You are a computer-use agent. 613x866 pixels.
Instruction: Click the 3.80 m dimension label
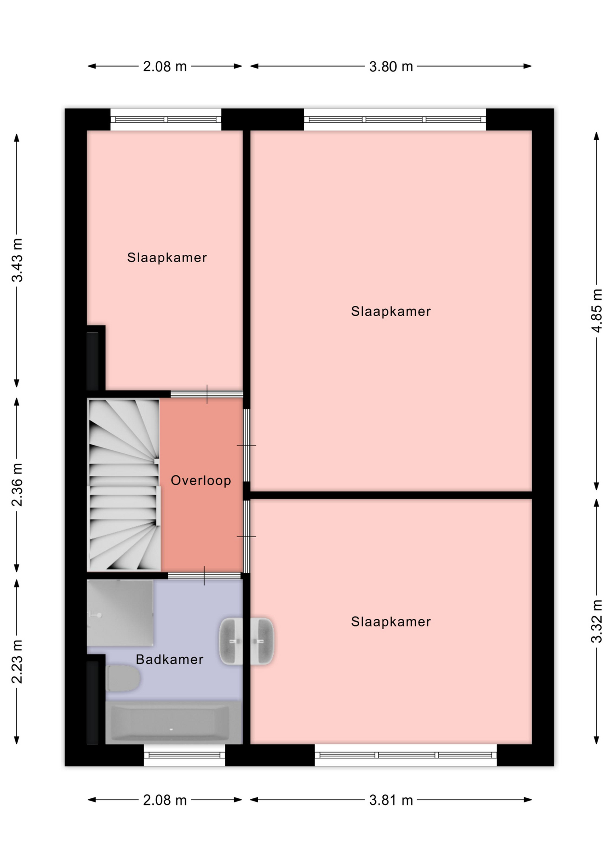[391, 67]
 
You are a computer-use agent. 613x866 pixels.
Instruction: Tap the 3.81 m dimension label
[391, 800]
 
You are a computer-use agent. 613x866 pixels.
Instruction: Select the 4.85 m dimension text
[597, 311]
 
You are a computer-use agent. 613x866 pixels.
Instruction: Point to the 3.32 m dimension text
[597, 621]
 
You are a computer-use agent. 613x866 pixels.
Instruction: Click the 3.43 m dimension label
[17, 260]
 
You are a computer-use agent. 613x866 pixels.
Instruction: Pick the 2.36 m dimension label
[17, 485]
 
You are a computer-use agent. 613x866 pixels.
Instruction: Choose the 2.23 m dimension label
[17, 662]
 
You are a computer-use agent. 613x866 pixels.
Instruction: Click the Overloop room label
[201, 480]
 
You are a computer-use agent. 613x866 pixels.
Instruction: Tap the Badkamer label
[170, 659]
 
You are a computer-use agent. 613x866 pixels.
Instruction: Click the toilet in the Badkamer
[123, 678]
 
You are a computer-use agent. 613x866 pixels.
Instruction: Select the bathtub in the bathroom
[171, 723]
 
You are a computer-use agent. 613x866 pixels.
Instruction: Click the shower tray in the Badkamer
[120, 613]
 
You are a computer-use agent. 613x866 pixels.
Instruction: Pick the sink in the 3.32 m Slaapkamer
[262, 641]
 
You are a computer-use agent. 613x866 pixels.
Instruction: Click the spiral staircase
[124, 485]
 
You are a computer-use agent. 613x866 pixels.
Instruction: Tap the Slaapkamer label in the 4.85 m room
[391, 311]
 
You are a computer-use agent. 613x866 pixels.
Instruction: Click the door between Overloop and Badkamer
[204, 576]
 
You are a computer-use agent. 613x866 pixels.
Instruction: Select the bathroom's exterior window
[185, 755]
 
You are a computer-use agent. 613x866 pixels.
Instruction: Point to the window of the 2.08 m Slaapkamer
[166, 120]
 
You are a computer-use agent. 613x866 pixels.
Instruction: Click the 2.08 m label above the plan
[165, 67]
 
